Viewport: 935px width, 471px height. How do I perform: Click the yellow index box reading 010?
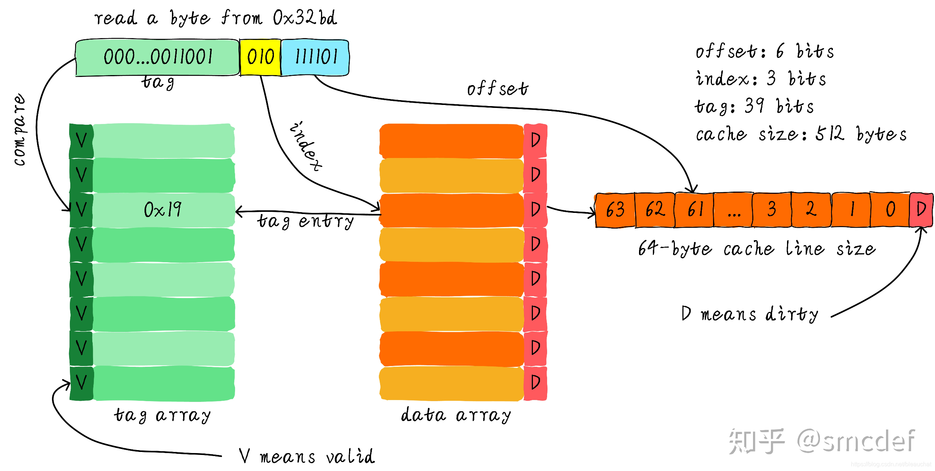click(x=260, y=57)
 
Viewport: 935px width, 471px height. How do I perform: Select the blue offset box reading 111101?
click(x=315, y=57)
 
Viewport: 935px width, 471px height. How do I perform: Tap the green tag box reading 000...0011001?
click(x=157, y=57)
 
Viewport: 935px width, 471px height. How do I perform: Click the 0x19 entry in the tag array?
click(x=163, y=210)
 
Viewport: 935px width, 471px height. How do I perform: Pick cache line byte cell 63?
click(x=615, y=210)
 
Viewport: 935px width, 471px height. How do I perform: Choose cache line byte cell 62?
click(x=655, y=210)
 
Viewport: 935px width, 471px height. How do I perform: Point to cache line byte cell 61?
click(x=695, y=210)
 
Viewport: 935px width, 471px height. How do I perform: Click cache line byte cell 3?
click(x=772, y=210)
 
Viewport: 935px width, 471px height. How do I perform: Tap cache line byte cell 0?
click(x=890, y=210)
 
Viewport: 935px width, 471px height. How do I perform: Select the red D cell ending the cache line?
click(x=921, y=209)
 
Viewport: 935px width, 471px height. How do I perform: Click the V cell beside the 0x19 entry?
click(x=81, y=210)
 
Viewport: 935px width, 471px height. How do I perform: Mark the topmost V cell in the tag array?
click(x=81, y=141)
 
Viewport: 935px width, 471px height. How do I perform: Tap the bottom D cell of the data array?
click(x=536, y=382)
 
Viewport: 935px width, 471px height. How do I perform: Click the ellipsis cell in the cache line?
click(x=734, y=210)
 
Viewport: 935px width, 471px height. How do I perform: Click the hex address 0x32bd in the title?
click(x=305, y=18)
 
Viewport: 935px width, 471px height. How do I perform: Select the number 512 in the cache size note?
click(x=829, y=133)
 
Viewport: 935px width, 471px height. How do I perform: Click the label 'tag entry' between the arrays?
click(x=305, y=221)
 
